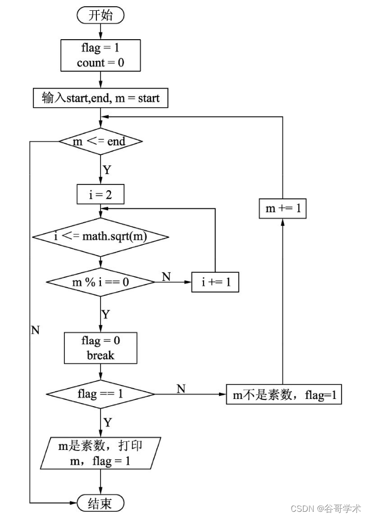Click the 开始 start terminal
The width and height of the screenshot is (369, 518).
click(x=100, y=15)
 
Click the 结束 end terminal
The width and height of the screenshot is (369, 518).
click(x=100, y=503)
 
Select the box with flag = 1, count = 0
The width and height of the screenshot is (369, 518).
click(x=100, y=56)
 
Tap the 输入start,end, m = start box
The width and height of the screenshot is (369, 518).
click(x=100, y=98)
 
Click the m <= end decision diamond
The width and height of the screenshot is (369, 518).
click(x=100, y=141)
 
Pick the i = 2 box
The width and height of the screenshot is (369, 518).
click(x=100, y=194)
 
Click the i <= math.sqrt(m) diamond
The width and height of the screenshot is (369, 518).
click(x=100, y=237)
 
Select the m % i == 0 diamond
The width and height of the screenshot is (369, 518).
click(x=100, y=282)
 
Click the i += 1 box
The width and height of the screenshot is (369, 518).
click(x=215, y=282)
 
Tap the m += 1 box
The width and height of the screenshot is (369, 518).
click(x=282, y=208)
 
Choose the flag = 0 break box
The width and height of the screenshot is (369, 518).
click(x=100, y=348)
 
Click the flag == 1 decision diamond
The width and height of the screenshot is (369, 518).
click(x=100, y=394)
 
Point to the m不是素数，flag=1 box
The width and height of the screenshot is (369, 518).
click(x=284, y=395)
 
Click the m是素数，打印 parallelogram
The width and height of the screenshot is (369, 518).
click(x=100, y=453)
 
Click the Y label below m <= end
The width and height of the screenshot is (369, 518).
click(x=107, y=169)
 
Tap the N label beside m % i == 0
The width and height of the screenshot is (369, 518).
click(x=166, y=277)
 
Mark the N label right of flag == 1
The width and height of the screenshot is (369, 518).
click(x=181, y=389)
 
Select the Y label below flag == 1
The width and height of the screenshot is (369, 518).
click(x=107, y=422)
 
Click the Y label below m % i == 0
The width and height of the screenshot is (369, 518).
click(x=105, y=314)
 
